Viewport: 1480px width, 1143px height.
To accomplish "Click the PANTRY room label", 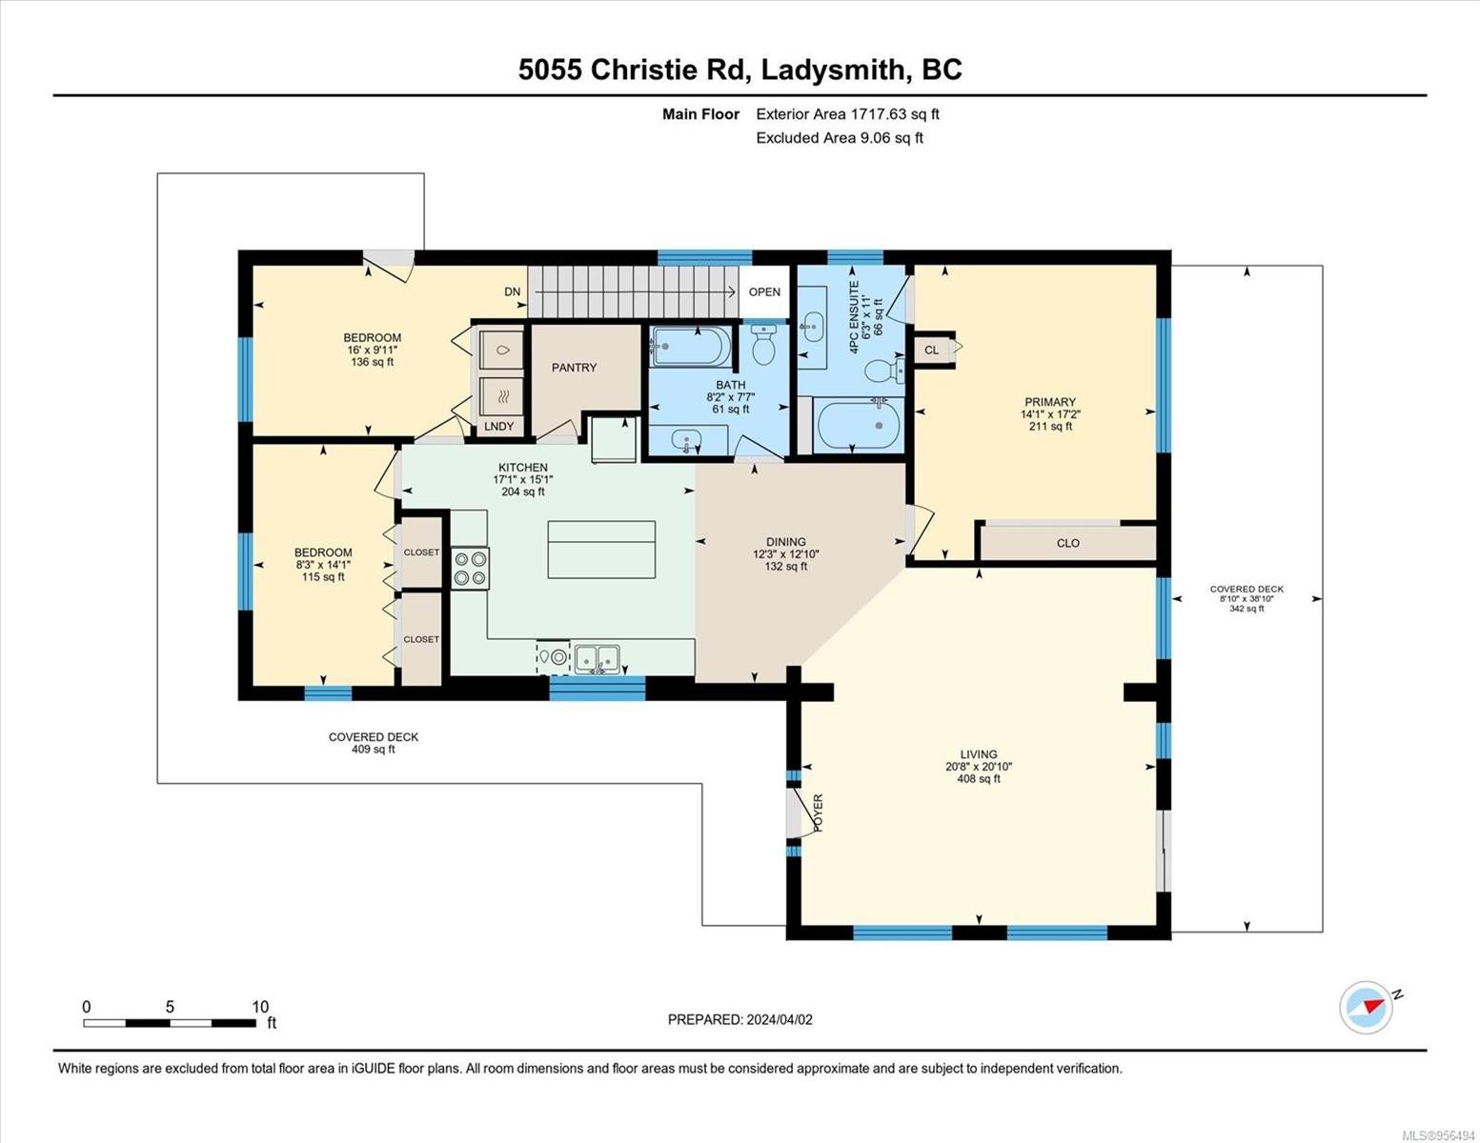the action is coord(574,368).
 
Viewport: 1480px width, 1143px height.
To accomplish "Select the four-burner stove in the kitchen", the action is coord(470,569).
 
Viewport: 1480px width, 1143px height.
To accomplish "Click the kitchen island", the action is coord(601,550).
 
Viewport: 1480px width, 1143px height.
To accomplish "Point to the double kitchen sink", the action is coord(598,658).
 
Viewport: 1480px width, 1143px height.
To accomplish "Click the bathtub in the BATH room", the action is coord(691,347).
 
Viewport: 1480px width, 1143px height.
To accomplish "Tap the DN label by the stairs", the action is coord(512,291).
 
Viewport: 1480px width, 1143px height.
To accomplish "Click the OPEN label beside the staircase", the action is coord(764,291).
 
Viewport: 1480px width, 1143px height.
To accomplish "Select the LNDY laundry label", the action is coord(499,426).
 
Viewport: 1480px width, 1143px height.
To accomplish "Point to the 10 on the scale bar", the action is coord(260,1007).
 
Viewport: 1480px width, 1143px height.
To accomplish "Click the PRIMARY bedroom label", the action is coord(1049,402).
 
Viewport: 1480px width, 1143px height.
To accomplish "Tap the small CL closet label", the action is coord(931,350).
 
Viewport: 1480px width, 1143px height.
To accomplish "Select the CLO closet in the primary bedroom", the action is coord(1068,543).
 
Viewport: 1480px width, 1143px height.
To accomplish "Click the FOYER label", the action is coord(818,812).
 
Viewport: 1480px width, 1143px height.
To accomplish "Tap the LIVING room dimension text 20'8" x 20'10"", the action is coord(979,767).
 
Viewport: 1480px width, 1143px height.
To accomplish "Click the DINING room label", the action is coord(785,542).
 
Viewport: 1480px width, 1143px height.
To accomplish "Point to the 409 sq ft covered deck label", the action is coord(373,750).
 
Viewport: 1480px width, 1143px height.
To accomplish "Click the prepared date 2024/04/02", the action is coord(780,1020).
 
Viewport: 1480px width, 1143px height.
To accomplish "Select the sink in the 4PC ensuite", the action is coord(811,327).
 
